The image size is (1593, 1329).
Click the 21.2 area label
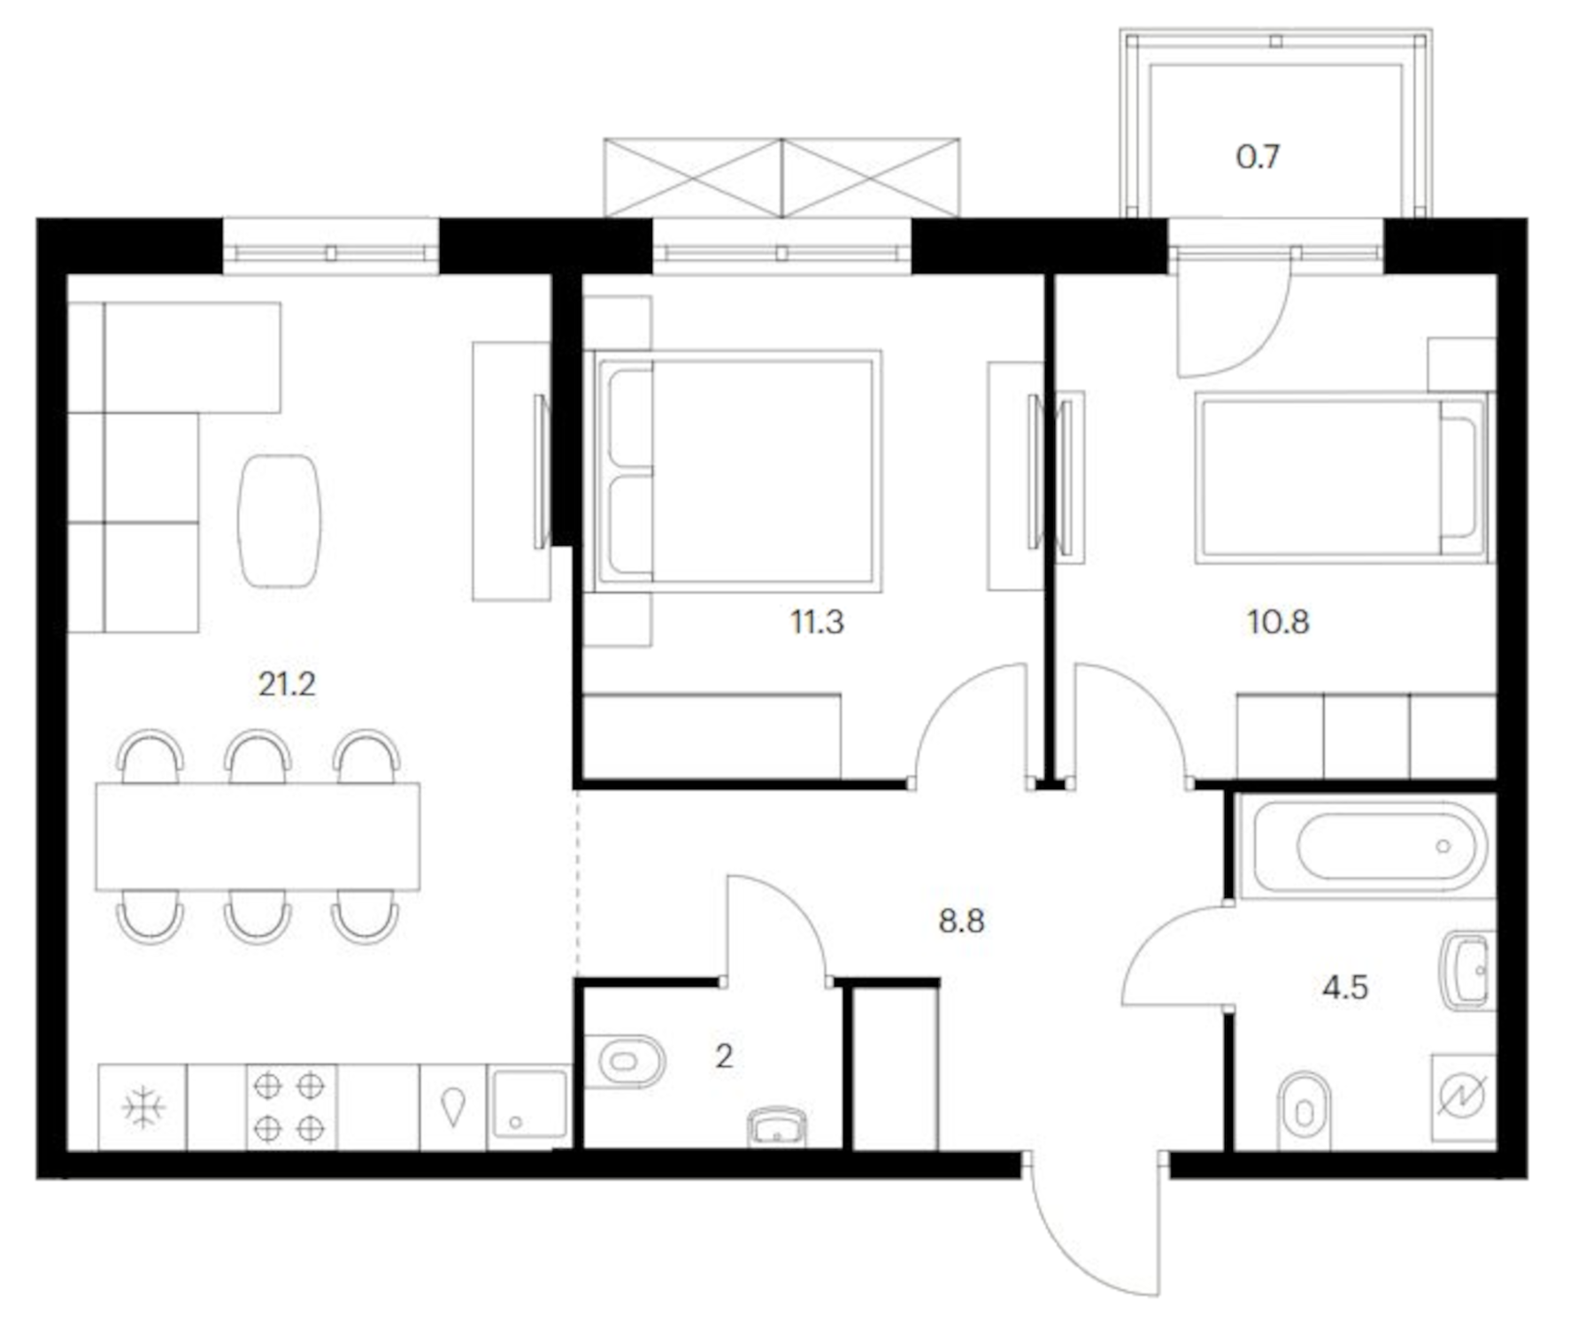pyautogui.click(x=286, y=684)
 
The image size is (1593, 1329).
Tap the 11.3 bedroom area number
pyautogui.click(x=816, y=622)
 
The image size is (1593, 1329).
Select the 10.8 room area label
pyautogui.click(x=1277, y=622)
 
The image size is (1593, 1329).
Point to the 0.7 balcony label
pyautogui.click(x=1257, y=157)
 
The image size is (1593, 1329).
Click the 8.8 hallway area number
pyautogui.click(x=961, y=921)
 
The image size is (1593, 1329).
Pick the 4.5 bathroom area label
pyautogui.click(x=1344, y=987)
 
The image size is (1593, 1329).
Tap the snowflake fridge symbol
pyautogui.click(x=142, y=1107)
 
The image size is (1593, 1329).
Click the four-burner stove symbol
pyautogui.click(x=289, y=1107)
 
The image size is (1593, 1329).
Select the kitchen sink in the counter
pyautogui.click(x=528, y=1103)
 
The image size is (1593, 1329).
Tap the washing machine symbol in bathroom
pyautogui.click(x=1462, y=1096)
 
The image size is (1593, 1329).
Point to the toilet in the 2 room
pyautogui.click(x=627, y=1061)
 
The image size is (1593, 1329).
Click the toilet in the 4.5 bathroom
pyautogui.click(x=1304, y=1110)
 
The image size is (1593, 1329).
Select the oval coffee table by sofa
pyautogui.click(x=279, y=520)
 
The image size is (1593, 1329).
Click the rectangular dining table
pyautogui.click(x=258, y=836)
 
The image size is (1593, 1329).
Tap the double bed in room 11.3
pyautogui.click(x=737, y=471)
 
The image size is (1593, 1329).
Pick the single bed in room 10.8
pyautogui.click(x=1341, y=478)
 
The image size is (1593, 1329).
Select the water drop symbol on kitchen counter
pyautogui.click(x=452, y=1106)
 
